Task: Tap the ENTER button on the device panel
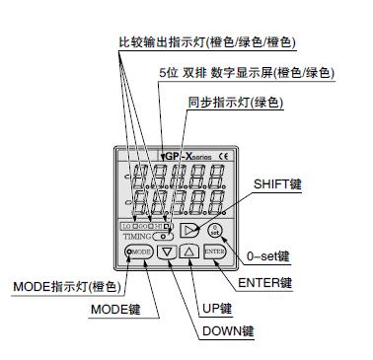click(215, 252)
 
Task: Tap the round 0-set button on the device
click(216, 229)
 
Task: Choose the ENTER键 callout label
click(265, 283)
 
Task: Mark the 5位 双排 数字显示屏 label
click(245, 73)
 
